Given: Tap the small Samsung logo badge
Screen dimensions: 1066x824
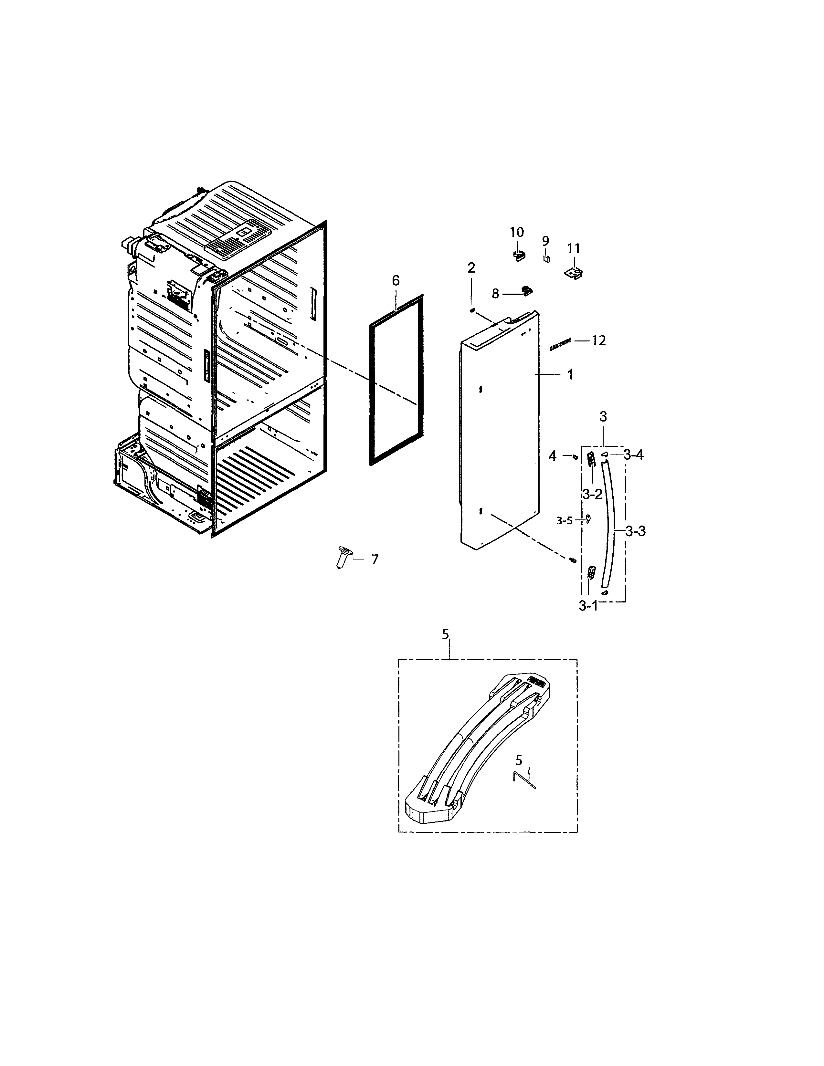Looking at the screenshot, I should click(x=560, y=345).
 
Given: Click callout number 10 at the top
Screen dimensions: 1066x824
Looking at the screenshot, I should click(x=516, y=232).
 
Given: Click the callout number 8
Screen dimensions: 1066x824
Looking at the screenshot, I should click(x=495, y=294).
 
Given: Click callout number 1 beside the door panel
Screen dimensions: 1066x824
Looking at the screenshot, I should click(x=570, y=375).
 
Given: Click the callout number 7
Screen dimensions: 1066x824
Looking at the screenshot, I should click(x=375, y=559).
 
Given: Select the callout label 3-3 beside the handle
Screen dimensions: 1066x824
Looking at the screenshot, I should click(x=635, y=531).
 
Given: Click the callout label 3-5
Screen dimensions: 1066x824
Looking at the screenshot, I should click(x=564, y=521).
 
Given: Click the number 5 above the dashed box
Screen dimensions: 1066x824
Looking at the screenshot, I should click(x=445, y=634).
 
